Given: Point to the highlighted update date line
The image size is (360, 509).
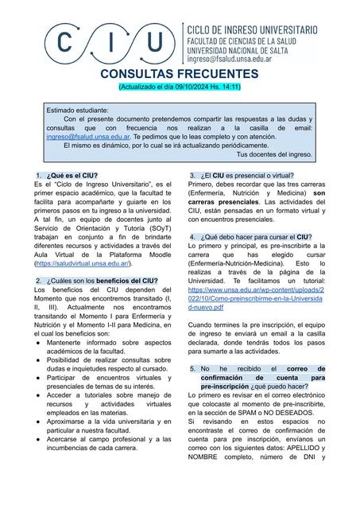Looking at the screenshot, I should coord(179,85).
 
